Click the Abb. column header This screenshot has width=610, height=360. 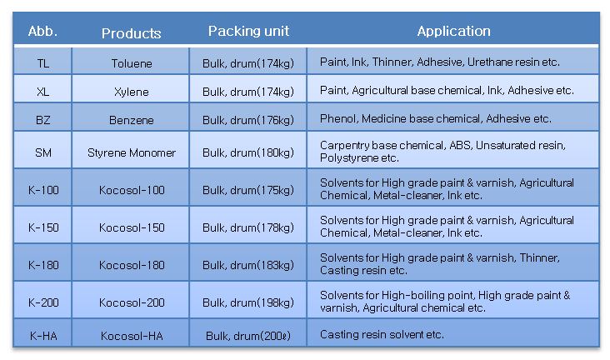(42, 31)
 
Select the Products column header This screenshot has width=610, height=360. (131, 33)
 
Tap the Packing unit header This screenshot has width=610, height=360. (248, 31)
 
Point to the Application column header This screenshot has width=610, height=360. (453, 31)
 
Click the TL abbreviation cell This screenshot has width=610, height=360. (43, 63)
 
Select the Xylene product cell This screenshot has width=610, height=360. (132, 92)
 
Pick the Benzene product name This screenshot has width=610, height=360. (132, 120)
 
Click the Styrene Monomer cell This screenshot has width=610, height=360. (132, 153)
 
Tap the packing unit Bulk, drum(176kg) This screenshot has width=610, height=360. (248, 120)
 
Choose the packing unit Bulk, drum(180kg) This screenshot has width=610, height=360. (248, 153)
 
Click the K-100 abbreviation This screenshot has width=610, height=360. (43, 190)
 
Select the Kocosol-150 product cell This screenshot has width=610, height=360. (132, 227)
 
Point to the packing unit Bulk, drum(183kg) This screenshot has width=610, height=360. (248, 266)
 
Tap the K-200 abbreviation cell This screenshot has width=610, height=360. (43, 302)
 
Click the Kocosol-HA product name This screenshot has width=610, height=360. (132, 336)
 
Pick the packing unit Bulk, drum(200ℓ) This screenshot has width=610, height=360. (248, 336)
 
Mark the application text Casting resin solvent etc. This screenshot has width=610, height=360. (382, 335)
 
